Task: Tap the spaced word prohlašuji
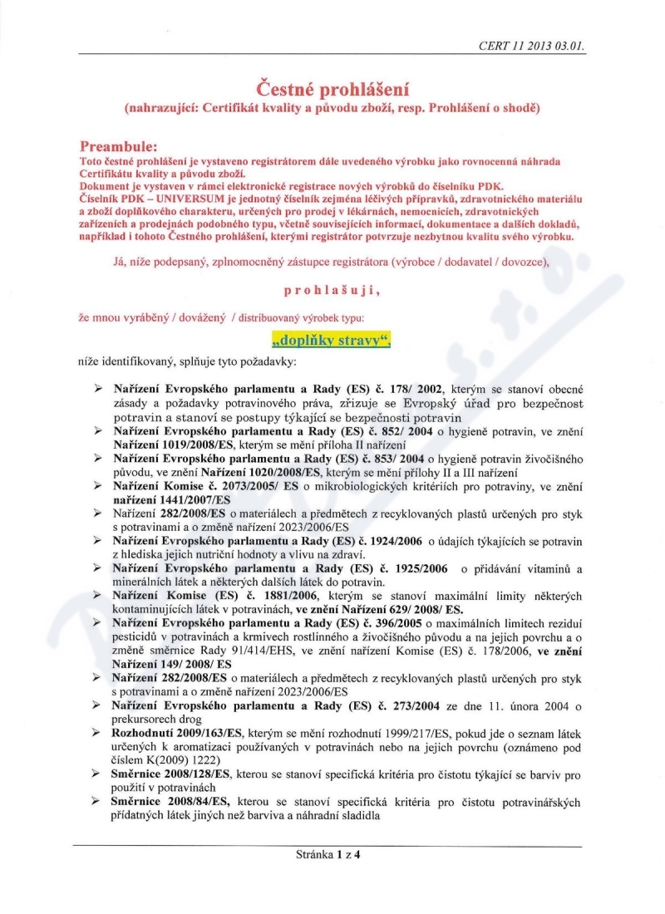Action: (x=332, y=290)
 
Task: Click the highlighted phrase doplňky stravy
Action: (x=332, y=340)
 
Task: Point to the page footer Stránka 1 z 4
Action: (x=332, y=853)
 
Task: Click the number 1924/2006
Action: (x=389, y=542)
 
